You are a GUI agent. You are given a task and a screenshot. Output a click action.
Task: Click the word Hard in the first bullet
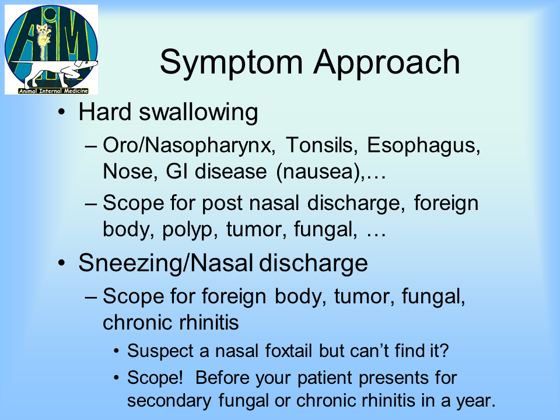[x=105, y=112]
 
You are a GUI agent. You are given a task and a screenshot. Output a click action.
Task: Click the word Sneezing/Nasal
[x=165, y=264]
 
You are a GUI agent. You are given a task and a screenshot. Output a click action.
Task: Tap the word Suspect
[x=160, y=351]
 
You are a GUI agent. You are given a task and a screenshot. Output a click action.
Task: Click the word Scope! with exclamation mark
[x=155, y=378]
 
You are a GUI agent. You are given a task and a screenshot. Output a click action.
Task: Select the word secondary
[x=169, y=401]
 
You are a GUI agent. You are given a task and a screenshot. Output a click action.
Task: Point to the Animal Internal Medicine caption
[x=53, y=91]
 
